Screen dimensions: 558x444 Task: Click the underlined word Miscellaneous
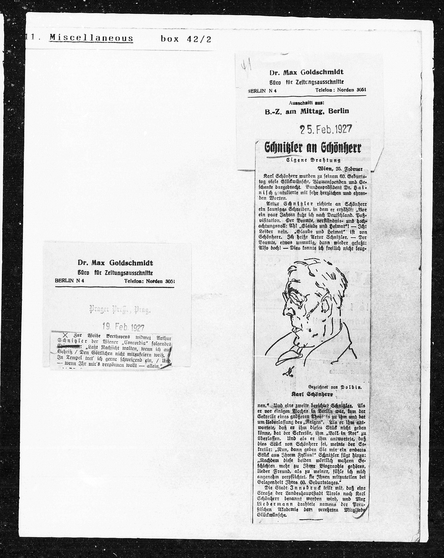click(91, 39)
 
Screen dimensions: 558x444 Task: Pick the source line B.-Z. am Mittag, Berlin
click(307, 111)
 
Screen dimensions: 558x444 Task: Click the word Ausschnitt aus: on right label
click(306, 103)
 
